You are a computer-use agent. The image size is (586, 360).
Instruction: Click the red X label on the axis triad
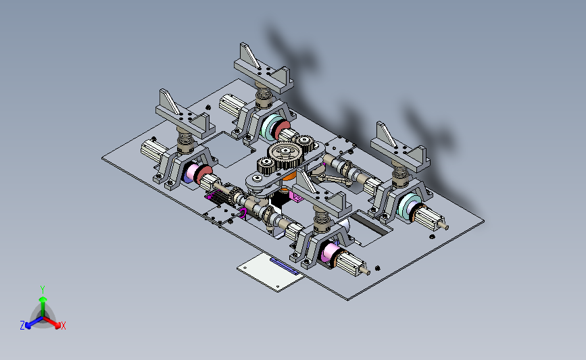coord(63,326)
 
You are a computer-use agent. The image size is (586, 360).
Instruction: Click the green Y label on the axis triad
coord(43,290)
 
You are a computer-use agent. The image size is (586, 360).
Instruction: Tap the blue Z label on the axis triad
coord(22,326)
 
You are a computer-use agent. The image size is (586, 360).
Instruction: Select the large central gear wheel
coord(285,155)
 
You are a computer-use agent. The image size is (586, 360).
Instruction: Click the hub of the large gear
coord(285,151)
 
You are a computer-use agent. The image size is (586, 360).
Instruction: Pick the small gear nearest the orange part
coord(266,166)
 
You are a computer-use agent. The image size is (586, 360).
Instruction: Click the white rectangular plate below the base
coord(270,271)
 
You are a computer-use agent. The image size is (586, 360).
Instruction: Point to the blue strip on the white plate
coord(284,266)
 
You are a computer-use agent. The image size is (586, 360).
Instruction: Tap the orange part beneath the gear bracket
coord(289,175)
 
